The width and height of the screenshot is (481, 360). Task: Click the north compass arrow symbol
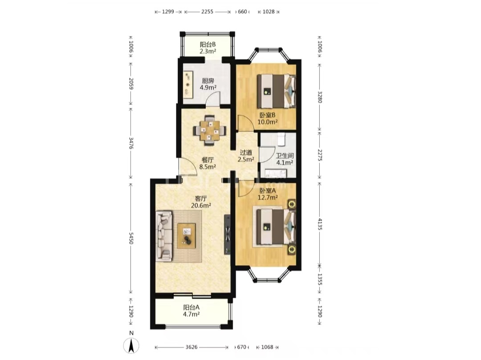tap(131, 346)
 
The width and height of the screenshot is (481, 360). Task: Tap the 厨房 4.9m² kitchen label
tap(208, 84)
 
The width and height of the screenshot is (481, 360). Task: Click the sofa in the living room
tap(164, 236)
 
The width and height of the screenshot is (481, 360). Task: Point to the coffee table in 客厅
tap(186, 235)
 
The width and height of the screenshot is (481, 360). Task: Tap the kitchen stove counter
tap(188, 84)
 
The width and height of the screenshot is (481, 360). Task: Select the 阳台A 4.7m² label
tap(192, 310)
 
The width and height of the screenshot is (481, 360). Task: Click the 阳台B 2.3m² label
tap(208, 48)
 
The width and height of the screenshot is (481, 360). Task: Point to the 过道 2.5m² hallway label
tap(246, 156)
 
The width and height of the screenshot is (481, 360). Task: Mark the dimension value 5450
tap(131, 238)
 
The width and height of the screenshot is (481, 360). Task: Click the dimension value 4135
tap(320, 224)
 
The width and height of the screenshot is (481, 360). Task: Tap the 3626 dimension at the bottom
tap(192, 347)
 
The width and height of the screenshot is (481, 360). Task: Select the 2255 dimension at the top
tap(208, 12)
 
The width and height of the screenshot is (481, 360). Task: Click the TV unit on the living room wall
tap(227, 235)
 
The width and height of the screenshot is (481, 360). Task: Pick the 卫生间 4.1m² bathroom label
tap(285, 159)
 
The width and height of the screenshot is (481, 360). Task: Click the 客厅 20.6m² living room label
tap(201, 202)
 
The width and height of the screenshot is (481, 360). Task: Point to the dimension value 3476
tap(131, 143)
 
